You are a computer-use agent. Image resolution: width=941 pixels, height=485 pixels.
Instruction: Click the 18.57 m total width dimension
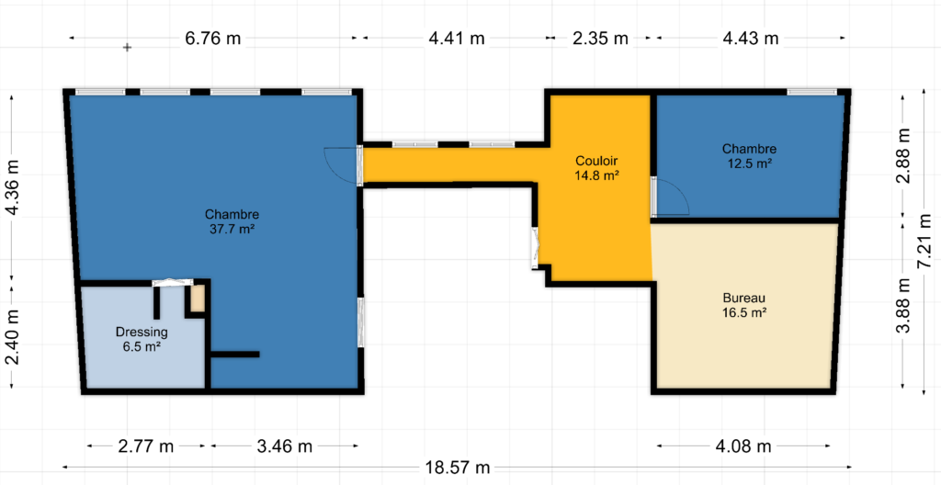tap(458, 467)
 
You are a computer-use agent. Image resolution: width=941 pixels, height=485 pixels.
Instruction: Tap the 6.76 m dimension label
tap(213, 39)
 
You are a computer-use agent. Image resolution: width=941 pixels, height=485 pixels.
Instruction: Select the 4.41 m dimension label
tap(457, 39)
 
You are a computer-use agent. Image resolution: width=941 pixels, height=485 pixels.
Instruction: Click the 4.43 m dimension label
tap(750, 39)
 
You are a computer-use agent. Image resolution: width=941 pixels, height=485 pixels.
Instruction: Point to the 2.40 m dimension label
tap(13, 336)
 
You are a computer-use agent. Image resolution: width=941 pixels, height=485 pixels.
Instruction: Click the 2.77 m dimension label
tap(146, 446)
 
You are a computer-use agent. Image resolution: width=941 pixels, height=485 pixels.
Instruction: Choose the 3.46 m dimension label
tap(284, 446)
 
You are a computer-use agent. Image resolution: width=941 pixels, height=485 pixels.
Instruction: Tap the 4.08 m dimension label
tap(743, 446)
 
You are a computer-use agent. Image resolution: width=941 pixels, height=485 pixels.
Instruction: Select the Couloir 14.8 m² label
tap(596, 168)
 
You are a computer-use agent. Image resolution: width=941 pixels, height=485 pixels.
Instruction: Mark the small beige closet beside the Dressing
tap(198, 299)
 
